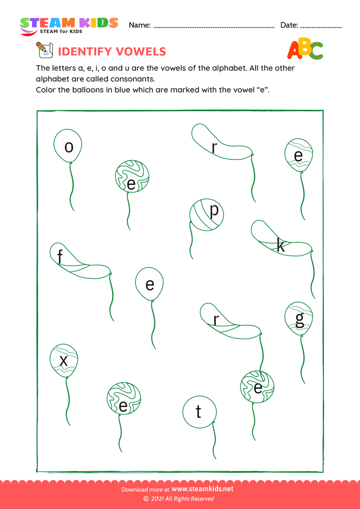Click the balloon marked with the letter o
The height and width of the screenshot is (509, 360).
point(69,147)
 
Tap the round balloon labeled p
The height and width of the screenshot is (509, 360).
point(206,215)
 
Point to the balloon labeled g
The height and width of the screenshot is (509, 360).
point(299,319)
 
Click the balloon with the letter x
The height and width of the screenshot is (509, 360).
point(64,360)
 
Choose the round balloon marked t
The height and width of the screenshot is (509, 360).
point(199,411)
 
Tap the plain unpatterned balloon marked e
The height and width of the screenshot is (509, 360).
point(150,284)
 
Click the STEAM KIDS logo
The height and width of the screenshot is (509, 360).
point(68,26)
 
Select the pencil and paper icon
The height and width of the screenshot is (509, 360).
point(44,51)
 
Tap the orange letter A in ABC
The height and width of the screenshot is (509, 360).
point(294,49)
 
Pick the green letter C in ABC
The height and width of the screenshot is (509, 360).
point(316,50)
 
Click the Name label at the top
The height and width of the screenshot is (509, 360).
point(140,25)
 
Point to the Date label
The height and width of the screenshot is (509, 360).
point(289,25)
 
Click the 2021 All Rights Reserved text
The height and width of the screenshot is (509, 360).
point(182,499)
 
